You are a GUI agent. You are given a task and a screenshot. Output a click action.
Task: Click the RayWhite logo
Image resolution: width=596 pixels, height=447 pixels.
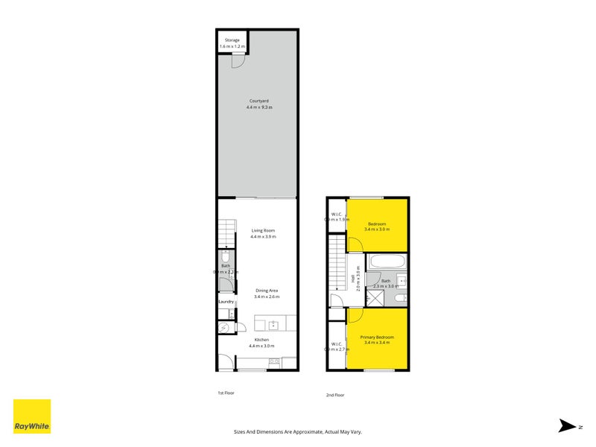(32, 416)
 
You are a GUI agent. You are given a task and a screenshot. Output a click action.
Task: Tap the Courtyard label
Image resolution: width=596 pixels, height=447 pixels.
(259, 101)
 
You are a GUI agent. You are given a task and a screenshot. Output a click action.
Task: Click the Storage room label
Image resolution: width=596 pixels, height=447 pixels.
(232, 40)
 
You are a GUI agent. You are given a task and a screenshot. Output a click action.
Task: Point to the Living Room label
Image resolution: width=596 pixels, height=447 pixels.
(263, 231)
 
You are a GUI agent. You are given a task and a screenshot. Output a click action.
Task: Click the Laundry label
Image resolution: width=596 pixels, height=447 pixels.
(226, 302)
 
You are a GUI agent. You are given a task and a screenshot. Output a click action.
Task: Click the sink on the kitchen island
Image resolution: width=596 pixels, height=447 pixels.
(273, 325)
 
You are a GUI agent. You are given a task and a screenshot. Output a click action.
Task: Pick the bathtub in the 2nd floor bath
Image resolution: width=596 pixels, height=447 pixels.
(387, 262)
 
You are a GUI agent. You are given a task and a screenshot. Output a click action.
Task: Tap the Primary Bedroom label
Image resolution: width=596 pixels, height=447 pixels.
(377, 337)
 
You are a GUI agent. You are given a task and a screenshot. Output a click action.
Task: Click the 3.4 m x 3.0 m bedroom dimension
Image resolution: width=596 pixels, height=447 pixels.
(377, 229)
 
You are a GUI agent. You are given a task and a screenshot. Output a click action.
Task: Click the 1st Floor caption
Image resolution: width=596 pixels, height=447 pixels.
(226, 392)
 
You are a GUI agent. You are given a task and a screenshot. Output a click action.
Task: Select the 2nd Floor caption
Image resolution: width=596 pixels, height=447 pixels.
(335, 395)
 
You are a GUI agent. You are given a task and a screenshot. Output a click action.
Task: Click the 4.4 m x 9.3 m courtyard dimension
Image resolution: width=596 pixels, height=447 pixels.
(259, 107)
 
